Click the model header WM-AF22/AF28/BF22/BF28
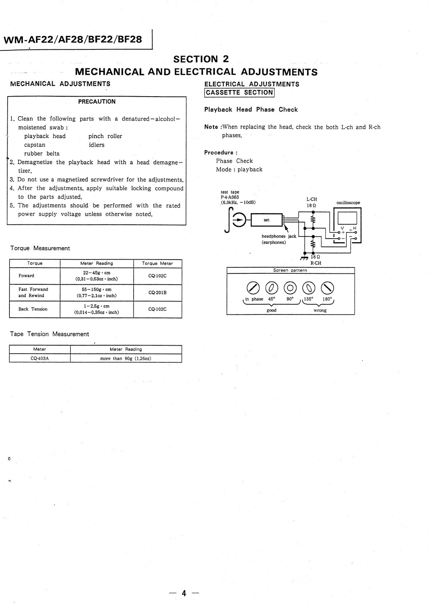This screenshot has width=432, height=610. point(73,39)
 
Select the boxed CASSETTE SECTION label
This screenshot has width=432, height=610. point(240,93)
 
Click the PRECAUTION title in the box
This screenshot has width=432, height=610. point(97,102)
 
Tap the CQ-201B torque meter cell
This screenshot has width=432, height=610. point(157,293)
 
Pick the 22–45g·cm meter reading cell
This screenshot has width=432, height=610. point(97,276)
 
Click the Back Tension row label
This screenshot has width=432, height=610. point(33,309)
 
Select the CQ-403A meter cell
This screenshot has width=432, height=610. point(40,358)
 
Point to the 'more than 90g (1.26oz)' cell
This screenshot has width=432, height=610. point(126,358)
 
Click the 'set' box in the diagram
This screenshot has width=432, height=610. point(267,220)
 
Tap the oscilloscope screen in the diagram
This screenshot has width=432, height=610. point(347,218)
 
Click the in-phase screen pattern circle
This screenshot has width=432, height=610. point(253,288)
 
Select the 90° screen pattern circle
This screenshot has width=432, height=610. point(290,288)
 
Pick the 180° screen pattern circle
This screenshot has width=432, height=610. point(327,288)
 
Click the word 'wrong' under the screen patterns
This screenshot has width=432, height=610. point(320,310)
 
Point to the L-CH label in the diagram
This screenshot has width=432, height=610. point(311,199)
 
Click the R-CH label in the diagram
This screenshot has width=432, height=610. point(315,263)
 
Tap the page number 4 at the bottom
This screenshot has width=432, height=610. point(184,593)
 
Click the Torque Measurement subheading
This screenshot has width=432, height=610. point(40,248)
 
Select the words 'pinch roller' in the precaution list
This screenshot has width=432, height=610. point(105,136)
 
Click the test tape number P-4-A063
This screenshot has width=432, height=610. point(230,197)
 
